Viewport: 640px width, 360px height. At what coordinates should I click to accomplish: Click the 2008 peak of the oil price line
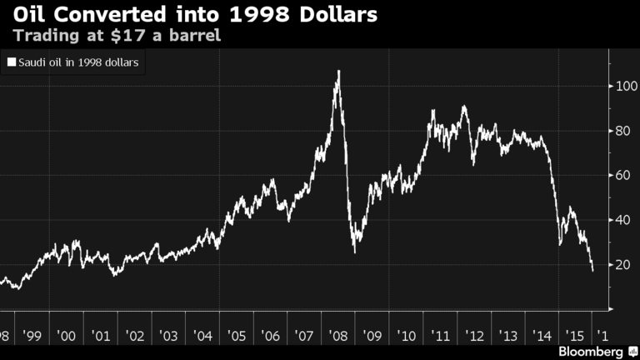coord(338,72)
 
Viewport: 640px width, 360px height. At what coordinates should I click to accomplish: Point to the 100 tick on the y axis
coord(622,87)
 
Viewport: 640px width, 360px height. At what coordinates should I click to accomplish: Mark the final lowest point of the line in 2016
coord(592,271)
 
